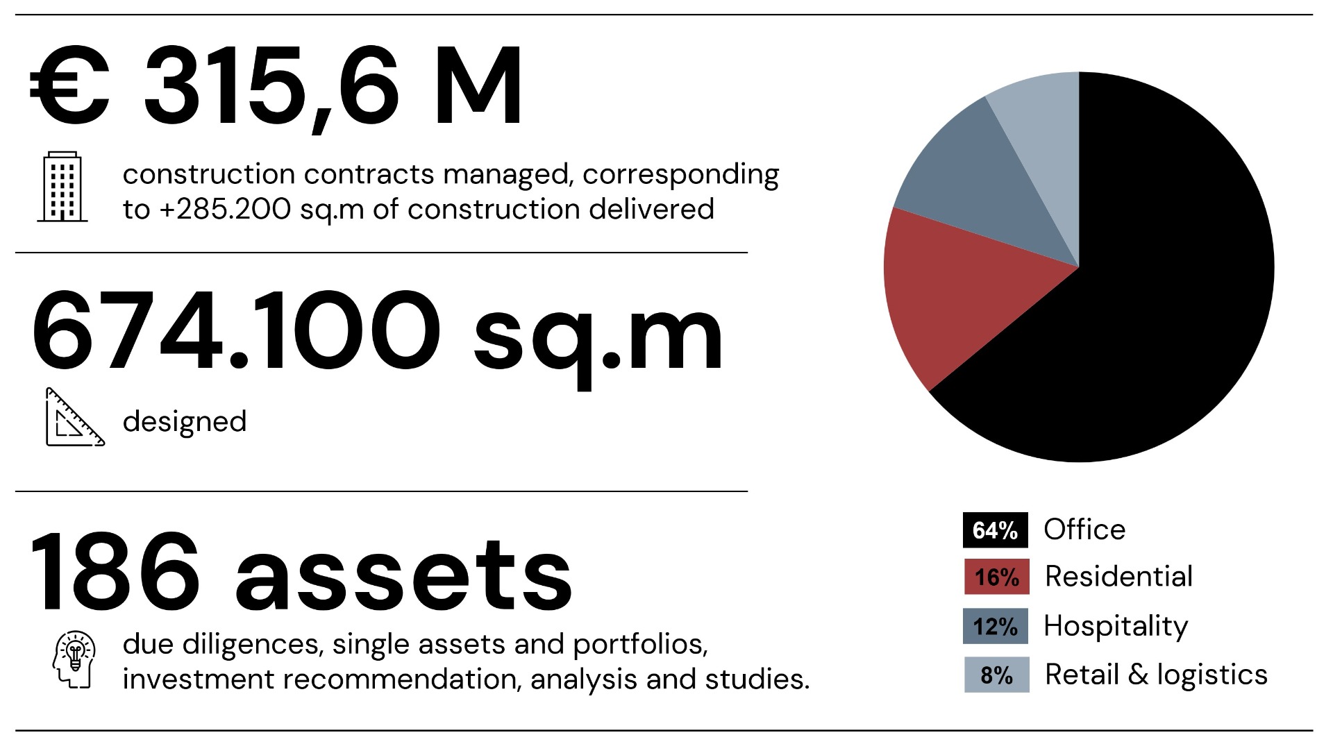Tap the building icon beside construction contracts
(62, 187)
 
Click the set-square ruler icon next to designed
(74, 417)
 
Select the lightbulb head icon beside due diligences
(74, 659)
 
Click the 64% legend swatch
(995, 530)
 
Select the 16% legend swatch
(996, 577)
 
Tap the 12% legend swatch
(995, 626)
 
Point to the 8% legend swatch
(996, 675)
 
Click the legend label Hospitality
(1116, 626)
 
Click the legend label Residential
(1118, 577)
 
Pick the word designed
(185, 422)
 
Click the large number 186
(115, 573)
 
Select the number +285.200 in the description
(225, 209)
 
